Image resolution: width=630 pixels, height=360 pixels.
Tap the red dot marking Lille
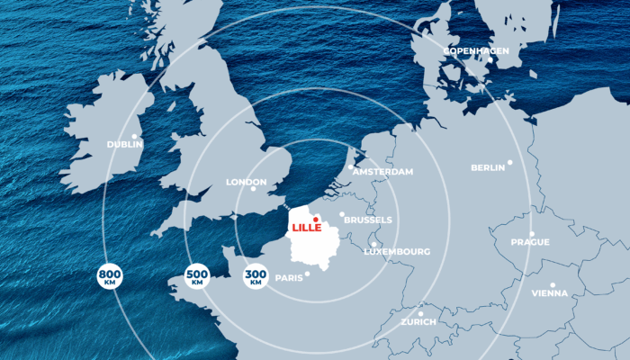coord(315,219)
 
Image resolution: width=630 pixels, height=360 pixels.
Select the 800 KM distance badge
coord(110,277)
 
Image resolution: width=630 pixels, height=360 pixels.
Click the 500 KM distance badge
coord(197,277)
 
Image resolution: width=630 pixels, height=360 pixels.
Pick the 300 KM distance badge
coord(256,277)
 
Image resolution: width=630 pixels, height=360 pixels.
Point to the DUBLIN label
coord(125,144)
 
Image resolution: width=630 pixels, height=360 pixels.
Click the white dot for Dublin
coord(134,136)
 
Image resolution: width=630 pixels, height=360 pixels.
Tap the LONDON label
coord(246,182)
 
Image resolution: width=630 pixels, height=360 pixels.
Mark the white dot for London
coord(254,189)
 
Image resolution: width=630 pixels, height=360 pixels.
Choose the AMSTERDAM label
coord(383,171)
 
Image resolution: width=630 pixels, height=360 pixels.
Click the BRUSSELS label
coord(368,220)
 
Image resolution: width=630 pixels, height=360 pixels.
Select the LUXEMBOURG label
coord(397,251)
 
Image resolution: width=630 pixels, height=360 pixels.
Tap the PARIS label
coord(289,278)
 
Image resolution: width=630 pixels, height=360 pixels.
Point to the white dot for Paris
coord(308,274)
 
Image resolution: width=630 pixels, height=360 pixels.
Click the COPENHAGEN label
coord(476,51)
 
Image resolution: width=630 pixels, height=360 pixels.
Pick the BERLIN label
coord(488,167)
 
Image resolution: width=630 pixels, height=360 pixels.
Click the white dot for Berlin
coord(509,162)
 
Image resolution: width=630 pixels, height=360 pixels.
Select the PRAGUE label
coord(529,242)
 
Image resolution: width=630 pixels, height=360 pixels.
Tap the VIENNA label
coord(550,293)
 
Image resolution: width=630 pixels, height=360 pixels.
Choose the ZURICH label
coord(418,321)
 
